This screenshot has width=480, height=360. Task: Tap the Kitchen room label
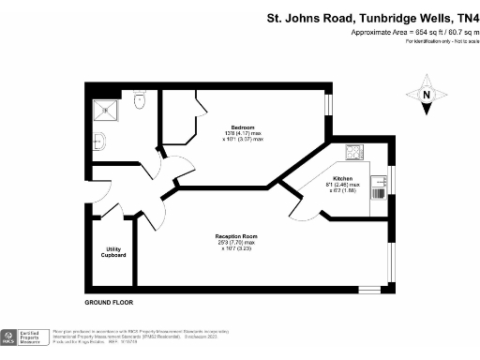coord(342,177)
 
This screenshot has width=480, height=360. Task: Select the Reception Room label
coord(236,235)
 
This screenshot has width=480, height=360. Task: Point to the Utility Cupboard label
coord(114,251)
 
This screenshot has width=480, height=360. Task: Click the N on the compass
coord(427,95)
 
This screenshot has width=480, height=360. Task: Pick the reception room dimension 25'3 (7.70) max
coord(236,242)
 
